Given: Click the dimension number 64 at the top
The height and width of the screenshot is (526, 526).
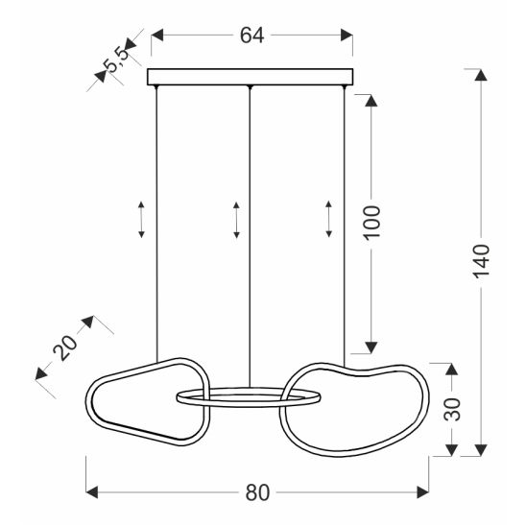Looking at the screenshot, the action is point(251,36).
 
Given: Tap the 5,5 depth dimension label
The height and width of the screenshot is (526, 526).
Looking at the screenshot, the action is point(116,60).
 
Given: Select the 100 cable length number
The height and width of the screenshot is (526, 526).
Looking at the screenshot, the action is point(372,223).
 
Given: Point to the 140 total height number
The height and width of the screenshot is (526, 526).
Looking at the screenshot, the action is point(482,261).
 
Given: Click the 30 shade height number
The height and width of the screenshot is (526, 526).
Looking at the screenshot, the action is point(452,409).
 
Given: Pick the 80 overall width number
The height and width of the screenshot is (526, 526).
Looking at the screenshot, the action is point(257,492).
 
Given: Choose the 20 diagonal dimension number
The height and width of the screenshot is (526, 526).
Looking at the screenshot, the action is point(64,347).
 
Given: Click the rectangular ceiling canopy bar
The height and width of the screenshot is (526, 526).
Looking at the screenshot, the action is point(251,77).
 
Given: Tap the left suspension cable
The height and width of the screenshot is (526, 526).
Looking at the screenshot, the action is point(156,224).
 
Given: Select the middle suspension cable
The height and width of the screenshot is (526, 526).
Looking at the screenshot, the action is point(250,237).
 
